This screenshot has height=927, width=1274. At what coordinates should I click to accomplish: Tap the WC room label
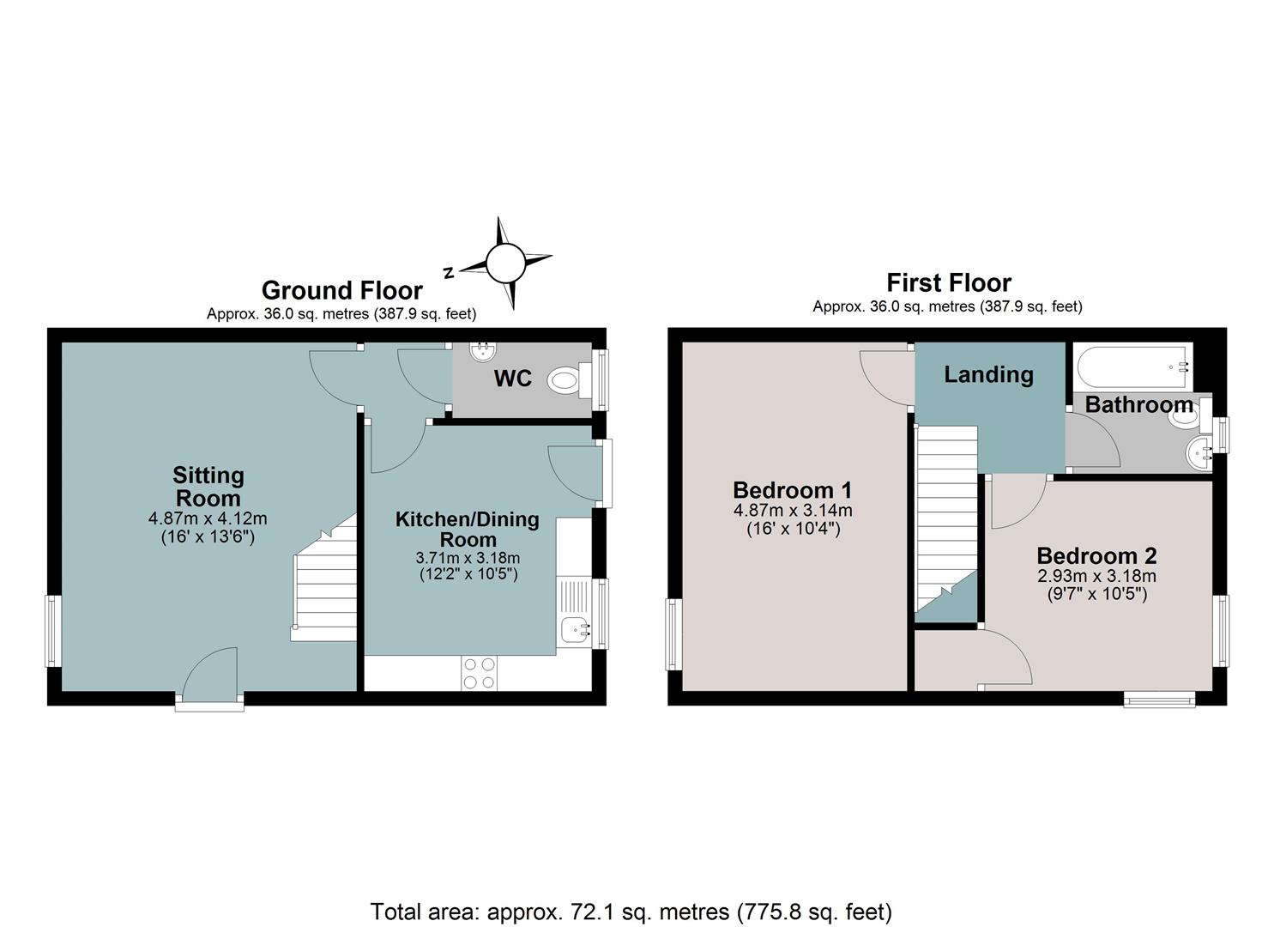(x=512, y=379)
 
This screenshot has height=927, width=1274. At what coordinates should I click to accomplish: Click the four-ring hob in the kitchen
(x=479, y=673)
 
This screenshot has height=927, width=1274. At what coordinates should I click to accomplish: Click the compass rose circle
(x=505, y=263)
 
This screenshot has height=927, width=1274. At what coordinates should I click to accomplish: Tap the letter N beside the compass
(x=450, y=272)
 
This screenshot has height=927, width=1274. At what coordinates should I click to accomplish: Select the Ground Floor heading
(x=341, y=291)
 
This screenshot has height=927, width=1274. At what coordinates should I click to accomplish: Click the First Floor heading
(x=949, y=283)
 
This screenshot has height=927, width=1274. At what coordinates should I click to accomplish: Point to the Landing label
(x=988, y=374)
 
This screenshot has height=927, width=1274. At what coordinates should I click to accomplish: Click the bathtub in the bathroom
(x=1133, y=367)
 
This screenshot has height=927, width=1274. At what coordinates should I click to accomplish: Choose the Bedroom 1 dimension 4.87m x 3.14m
(x=792, y=510)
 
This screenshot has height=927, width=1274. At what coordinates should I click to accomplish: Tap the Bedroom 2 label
(x=1096, y=555)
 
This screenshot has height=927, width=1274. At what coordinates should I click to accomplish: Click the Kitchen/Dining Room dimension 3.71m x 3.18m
(x=468, y=558)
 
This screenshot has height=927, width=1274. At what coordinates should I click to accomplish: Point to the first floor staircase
(x=945, y=518)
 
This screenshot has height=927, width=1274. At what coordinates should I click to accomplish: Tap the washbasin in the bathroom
(x=1199, y=454)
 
